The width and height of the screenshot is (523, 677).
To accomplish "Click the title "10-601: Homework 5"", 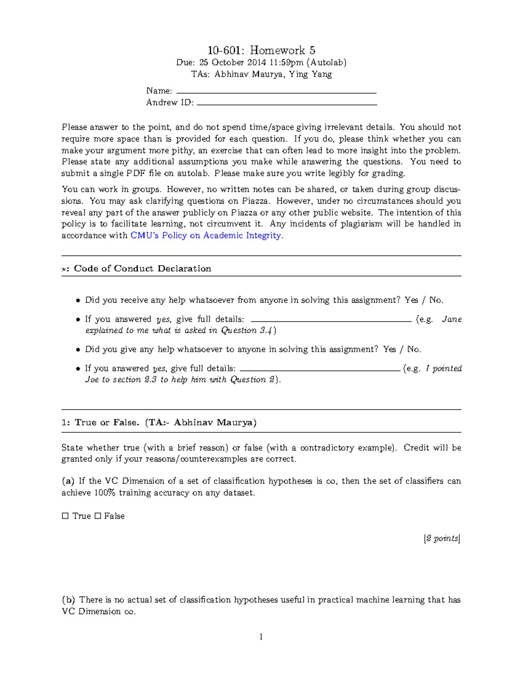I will pyautogui.click(x=261, y=50).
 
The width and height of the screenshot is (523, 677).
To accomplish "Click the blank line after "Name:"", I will pyautogui.click(x=275, y=93).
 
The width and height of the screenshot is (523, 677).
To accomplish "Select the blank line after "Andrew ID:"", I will pyautogui.click(x=287, y=105).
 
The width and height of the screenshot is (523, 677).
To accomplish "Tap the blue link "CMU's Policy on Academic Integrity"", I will pyautogui.click(x=206, y=235).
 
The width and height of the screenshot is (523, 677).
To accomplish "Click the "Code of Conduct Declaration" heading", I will pyautogui.click(x=142, y=269).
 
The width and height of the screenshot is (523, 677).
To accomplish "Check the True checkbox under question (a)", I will pyautogui.click(x=65, y=516).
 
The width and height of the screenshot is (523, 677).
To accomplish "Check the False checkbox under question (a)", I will pyautogui.click(x=98, y=516).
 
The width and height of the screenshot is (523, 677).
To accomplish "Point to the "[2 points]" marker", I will pyautogui.click(x=442, y=538).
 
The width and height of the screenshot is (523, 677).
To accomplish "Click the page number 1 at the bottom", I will pyautogui.click(x=261, y=637).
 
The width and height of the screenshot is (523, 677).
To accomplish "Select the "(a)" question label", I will pyautogui.click(x=68, y=481).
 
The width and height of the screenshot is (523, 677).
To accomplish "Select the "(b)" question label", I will pyautogui.click(x=68, y=600).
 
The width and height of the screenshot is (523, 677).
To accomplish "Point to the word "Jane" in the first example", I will pyautogui.click(x=452, y=319).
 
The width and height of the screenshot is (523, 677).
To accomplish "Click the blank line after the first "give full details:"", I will pyautogui.click(x=331, y=321).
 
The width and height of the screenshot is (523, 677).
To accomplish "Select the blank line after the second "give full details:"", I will pyautogui.click(x=320, y=371).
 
